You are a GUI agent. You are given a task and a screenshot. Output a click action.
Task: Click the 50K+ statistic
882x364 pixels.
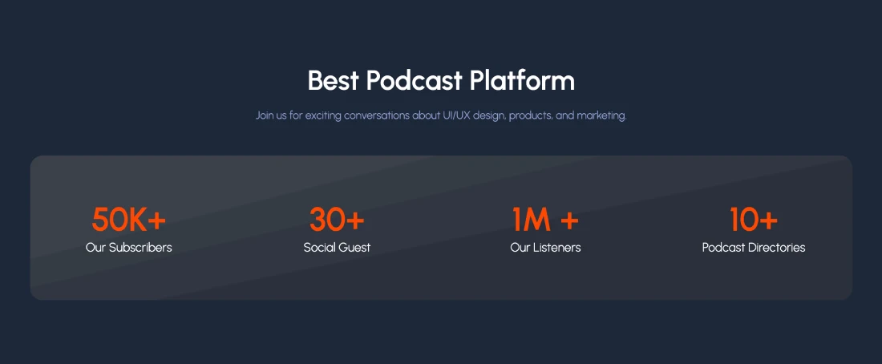pos(129,220)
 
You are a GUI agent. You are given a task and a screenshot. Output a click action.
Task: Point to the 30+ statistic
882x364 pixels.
pos(337,220)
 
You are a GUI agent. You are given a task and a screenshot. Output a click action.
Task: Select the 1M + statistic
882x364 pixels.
pos(545,220)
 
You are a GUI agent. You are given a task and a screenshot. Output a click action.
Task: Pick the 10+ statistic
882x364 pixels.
pos(754,220)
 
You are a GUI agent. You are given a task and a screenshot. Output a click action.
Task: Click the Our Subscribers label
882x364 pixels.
pos(129,248)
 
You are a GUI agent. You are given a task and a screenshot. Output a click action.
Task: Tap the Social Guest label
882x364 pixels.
pos(337,248)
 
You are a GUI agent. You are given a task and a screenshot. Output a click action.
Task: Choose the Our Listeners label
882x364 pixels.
pos(545,248)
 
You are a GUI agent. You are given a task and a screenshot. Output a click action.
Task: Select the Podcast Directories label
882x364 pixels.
pos(754,248)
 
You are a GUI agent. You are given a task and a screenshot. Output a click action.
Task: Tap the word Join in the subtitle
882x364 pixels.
pos(265,116)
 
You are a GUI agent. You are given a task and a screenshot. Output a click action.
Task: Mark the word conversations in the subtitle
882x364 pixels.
pos(376,116)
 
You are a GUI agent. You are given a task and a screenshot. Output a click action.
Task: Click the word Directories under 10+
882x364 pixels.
pos(777,248)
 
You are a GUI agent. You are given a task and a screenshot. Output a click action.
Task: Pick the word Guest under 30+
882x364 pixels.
pos(354,248)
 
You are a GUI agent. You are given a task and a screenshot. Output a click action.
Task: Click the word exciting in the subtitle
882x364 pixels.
pos(323,116)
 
